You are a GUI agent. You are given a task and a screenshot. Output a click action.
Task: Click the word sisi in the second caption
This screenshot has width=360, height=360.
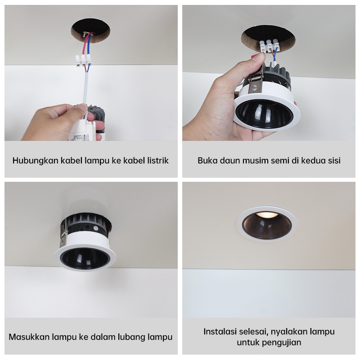[334, 160]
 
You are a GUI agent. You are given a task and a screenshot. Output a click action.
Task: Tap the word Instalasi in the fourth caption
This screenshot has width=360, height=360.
[220, 332]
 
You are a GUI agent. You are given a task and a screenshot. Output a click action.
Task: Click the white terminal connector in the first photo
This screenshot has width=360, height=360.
[83, 60]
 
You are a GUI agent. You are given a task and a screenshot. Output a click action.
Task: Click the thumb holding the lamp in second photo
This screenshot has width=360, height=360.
[254, 60]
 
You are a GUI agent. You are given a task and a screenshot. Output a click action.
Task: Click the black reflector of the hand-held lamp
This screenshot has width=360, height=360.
[264, 114]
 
